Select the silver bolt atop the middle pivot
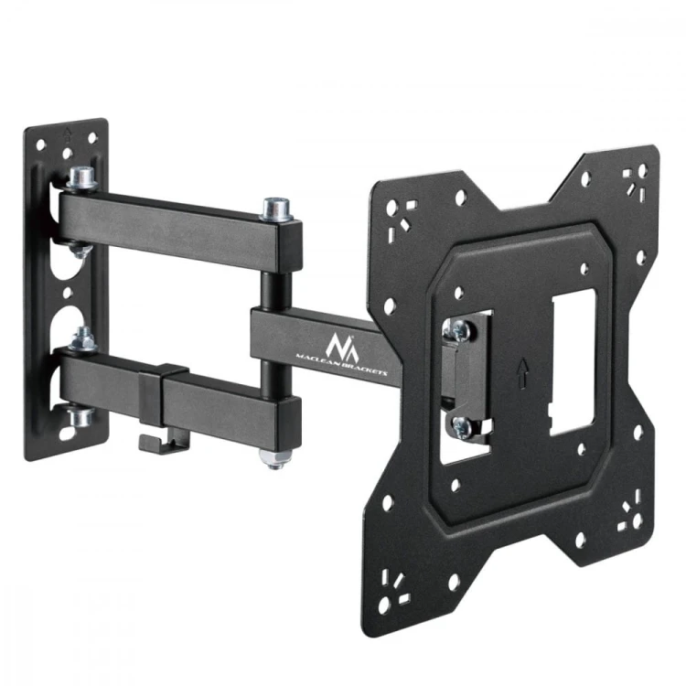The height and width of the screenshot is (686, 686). click(275, 209)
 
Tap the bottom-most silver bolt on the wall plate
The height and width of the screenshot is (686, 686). click(80, 417)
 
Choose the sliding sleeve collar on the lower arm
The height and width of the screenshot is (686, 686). click(162, 398)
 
